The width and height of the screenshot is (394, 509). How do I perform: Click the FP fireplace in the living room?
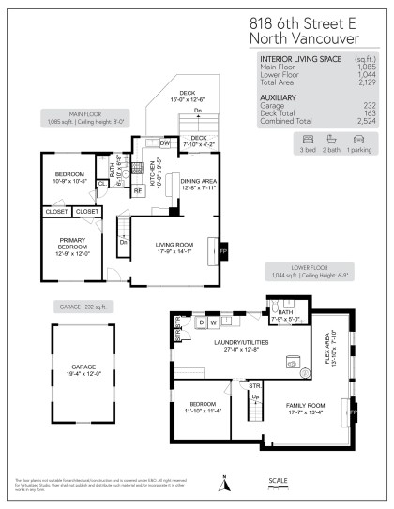tap(223, 251)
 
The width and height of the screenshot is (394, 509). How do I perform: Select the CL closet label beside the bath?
tap(101, 184)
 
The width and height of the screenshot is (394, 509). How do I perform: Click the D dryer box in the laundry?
tap(201, 322)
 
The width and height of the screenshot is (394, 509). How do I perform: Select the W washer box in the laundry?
tap(216, 322)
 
